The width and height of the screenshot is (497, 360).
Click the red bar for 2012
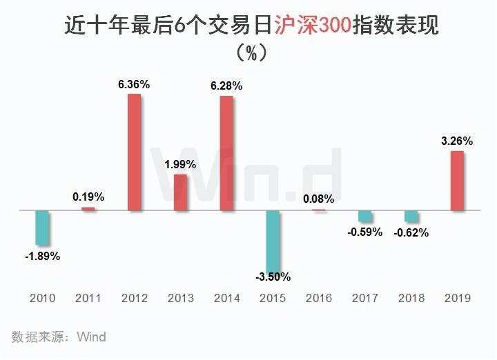click(135, 152)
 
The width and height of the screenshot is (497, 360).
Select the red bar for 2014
click(226, 152)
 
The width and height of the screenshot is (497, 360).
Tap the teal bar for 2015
click(273, 241)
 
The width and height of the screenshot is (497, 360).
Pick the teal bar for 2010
click(43, 228)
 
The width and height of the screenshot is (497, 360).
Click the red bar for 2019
click(457, 181)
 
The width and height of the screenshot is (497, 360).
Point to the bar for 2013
click(181, 192)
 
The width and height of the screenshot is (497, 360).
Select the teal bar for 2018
click(411, 217)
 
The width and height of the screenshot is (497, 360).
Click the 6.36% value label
click(134, 84)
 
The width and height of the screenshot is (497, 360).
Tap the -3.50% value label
click(273, 277)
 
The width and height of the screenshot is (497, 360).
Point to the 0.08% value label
click(318, 199)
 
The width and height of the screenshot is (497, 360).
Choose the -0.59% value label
click(365, 232)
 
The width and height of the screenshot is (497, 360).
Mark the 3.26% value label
click(456, 141)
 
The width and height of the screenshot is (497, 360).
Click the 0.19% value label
click(88, 197)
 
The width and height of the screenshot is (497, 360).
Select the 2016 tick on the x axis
click(318, 299)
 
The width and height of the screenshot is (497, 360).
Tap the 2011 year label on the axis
click(88, 299)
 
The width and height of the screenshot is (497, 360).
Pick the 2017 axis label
click(365, 299)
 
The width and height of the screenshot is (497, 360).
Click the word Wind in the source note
click(91, 337)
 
